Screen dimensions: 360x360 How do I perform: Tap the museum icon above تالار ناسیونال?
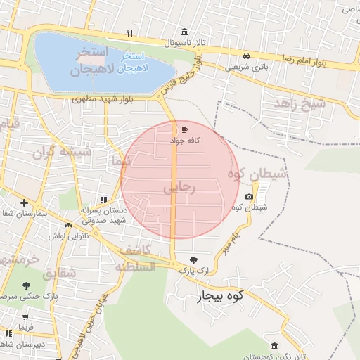tap(184, 32)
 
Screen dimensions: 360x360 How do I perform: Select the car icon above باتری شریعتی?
tap(246, 56)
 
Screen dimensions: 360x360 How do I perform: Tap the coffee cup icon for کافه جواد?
tap(184, 130)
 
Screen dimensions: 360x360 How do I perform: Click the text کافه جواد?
tap(186, 141)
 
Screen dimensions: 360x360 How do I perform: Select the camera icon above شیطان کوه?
tap(249, 197)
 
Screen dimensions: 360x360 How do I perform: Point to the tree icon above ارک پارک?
tap(194, 259)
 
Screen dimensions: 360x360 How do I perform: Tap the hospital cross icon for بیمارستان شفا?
tap(24, 202)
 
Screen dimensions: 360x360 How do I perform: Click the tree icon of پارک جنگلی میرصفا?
tap(26, 286)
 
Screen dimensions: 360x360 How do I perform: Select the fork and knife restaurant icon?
tap(129, 33)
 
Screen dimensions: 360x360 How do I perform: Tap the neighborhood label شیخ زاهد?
tap(300, 105)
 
